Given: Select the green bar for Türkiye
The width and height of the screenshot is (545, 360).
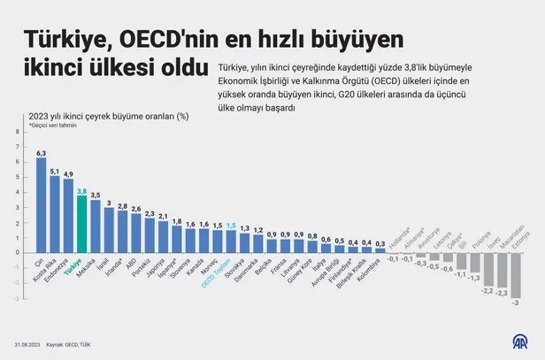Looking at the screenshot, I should (82, 223).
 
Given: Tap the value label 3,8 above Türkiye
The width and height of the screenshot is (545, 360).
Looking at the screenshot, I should (82, 190).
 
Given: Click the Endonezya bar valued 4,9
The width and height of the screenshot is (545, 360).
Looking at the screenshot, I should (68, 215).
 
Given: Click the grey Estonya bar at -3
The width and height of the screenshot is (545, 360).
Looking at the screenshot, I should (515, 274).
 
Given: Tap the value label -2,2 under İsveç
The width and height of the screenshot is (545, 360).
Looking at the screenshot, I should (487, 291).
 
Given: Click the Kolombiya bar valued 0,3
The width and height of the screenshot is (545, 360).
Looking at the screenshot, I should (380, 249).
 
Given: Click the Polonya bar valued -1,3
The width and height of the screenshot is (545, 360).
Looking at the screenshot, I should (474, 262).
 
